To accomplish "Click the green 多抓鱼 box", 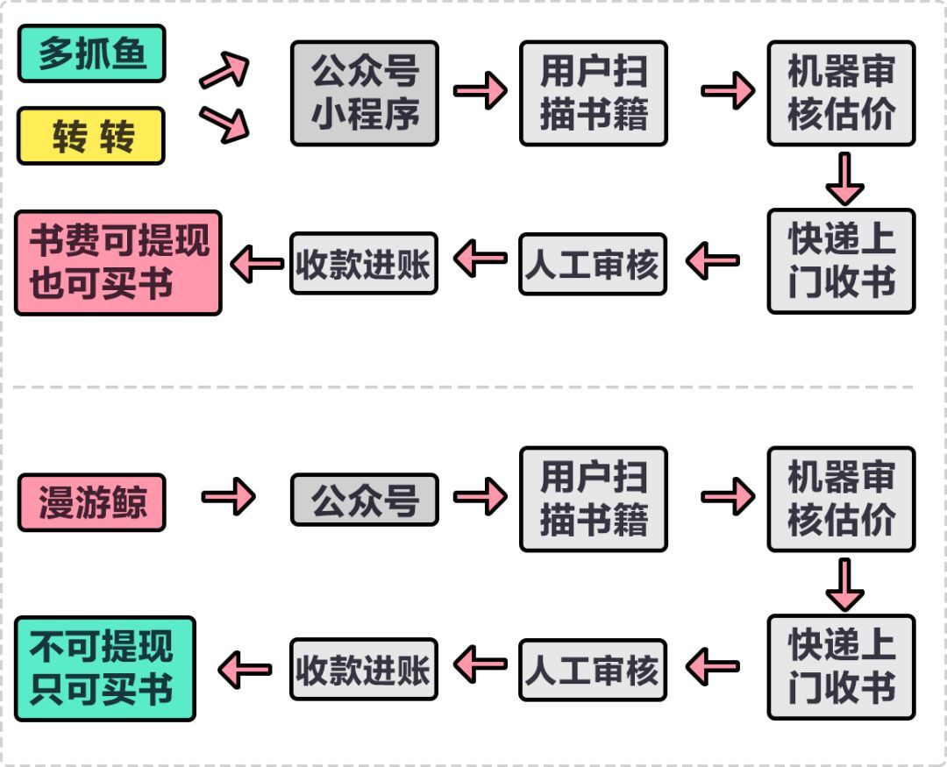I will tap(91, 53).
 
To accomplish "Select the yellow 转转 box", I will tap(91, 136).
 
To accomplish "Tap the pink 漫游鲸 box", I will tap(91, 501).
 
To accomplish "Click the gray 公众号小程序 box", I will tap(364, 93).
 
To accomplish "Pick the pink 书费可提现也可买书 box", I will tap(118, 262).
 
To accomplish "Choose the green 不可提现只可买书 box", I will tap(105, 669).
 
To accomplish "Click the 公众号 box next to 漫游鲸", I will tap(364, 500).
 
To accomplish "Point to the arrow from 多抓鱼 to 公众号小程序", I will tap(224, 70).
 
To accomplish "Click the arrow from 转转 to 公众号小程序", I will tap(224, 124).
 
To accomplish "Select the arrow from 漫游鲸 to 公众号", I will tap(228, 498).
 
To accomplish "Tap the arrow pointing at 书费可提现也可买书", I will tap(256, 263).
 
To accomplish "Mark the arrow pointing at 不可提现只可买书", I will tap(244, 670).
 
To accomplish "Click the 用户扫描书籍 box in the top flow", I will tap(594, 93).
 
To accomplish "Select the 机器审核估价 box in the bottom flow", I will tap(841, 499).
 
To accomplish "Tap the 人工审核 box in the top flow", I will tap(593, 263).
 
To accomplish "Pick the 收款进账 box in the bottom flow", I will tap(364, 669).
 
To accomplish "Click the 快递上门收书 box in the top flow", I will tap(841, 260).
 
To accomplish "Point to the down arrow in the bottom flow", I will tap(844, 584).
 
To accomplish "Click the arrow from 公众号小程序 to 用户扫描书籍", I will tap(480, 91).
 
